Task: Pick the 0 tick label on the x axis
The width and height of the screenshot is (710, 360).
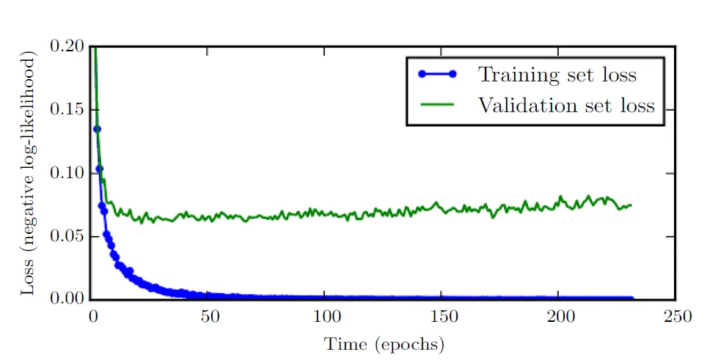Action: tap(92, 317)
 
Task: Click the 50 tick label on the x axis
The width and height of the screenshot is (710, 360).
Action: tap(209, 317)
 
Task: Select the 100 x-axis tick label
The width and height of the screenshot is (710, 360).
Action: tap(326, 317)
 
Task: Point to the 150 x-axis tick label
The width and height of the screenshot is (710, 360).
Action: tap(442, 317)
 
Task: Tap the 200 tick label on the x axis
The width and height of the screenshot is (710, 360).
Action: tap(558, 317)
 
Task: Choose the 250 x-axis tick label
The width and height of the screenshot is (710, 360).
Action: tap(675, 317)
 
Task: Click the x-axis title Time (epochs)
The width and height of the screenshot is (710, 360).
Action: tap(384, 343)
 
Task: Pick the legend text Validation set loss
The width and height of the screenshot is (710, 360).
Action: tap(566, 106)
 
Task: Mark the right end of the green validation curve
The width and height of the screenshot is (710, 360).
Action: tap(631, 205)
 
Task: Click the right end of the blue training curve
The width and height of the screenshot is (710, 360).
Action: tap(632, 298)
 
